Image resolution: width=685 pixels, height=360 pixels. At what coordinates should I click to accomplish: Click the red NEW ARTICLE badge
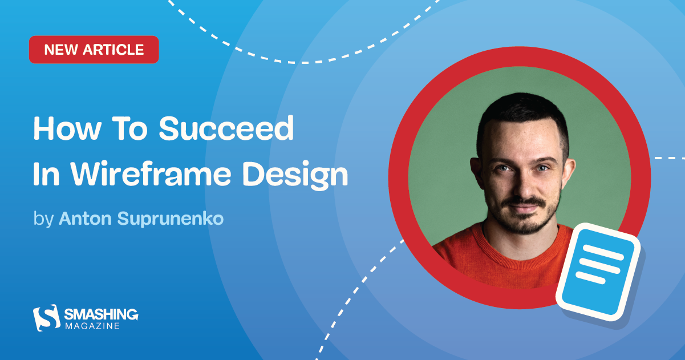94,50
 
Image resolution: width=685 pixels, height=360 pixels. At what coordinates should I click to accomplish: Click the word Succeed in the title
226,130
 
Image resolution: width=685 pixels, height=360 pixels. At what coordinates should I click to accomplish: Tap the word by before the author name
43,219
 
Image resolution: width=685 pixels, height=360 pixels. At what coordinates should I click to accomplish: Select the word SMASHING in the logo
101,314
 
